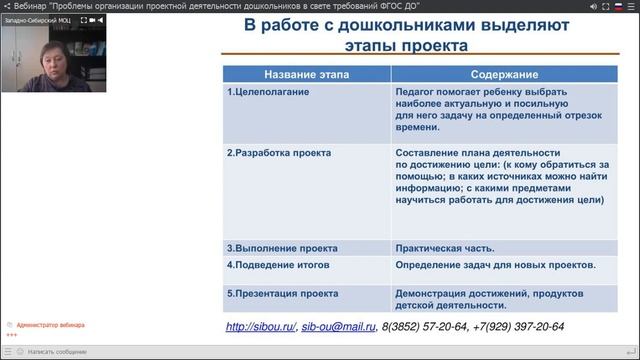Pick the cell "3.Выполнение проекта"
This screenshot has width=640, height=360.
click(282, 247)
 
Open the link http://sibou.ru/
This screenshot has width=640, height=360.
click(260, 327)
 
